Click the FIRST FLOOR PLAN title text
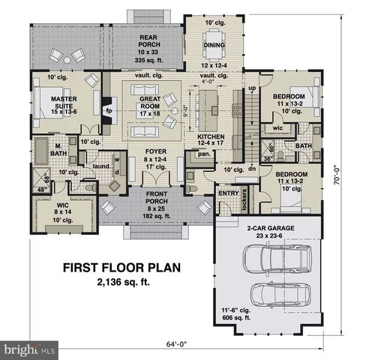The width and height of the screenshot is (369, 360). click(120, 267)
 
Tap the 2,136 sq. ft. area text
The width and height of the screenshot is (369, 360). click(120, 283)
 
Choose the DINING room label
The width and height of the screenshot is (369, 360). click(214, 45)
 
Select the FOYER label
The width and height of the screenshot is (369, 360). click(155, 151)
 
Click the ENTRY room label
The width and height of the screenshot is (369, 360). click(228, 193)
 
